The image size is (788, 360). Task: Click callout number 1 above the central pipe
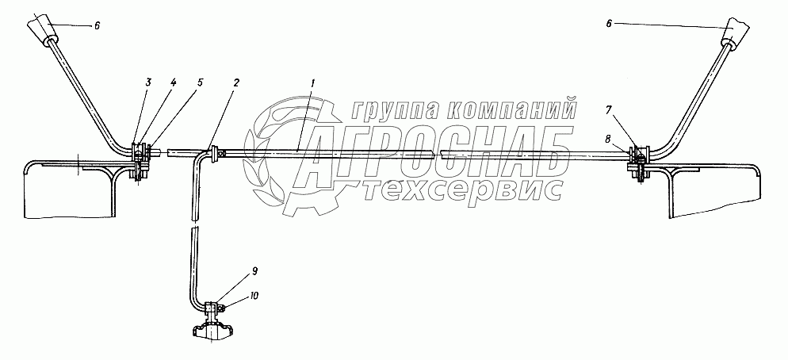(313, 82)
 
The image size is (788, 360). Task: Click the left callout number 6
(97, 26)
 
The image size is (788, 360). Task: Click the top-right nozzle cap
(734, 34)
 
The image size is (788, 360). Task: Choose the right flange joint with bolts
(639, 159)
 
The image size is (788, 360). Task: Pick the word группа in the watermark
(392, 108)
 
